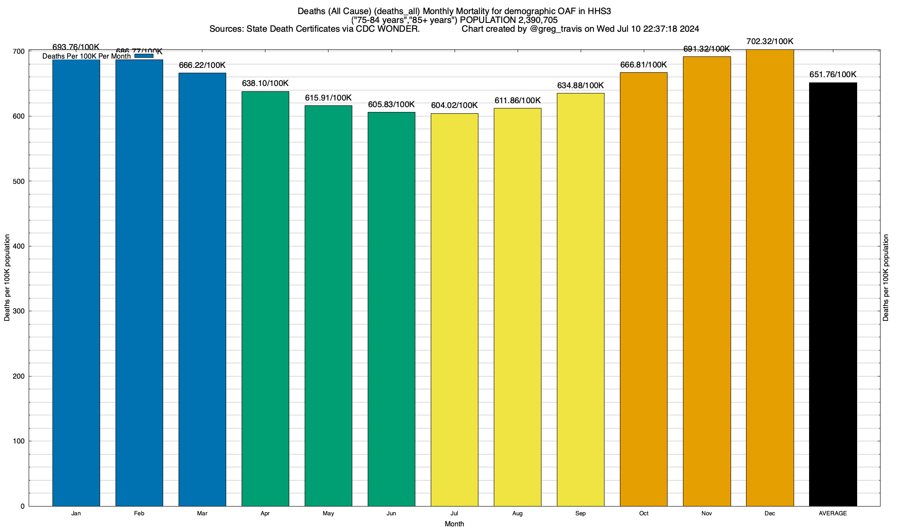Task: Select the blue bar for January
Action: coord(76,282)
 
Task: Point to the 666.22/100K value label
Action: coord(202,65)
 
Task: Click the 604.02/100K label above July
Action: coord(454,105)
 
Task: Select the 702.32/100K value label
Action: coord(770,42)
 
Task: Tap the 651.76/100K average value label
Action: coord(833,75)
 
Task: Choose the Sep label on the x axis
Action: coord(581,514)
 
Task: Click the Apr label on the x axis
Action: coord(265,514)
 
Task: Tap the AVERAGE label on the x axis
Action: coord(833,514)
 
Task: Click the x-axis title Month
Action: coord(454,524)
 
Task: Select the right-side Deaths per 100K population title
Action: coord(886,278)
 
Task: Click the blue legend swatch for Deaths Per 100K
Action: coord(144,56)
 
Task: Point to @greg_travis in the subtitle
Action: coord(556,29)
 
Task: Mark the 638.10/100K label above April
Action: coord(265,83)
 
